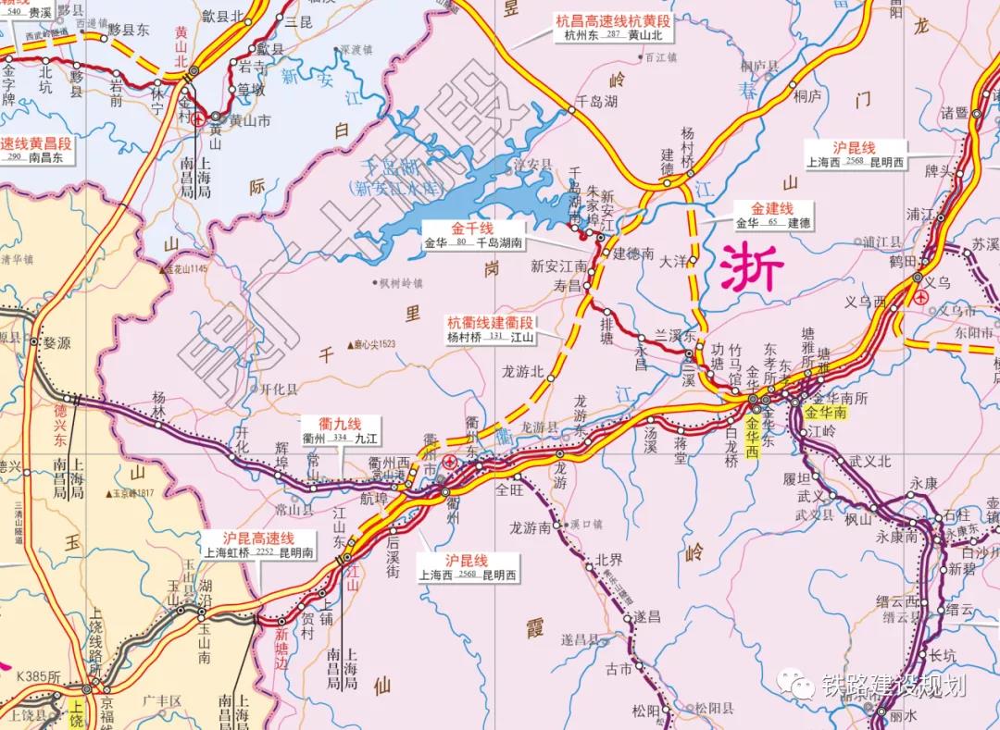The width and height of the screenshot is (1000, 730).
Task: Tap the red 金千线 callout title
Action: [472, 229]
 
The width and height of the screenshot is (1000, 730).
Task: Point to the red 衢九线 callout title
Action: [341, 422]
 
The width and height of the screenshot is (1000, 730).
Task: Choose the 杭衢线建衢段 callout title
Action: [490, 323]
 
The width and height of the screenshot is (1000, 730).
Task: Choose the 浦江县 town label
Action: [881, 241]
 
